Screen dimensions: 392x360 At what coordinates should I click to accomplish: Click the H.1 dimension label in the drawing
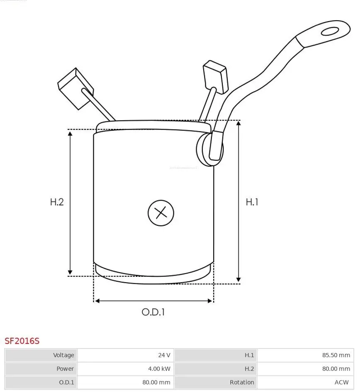(x=252, y=202)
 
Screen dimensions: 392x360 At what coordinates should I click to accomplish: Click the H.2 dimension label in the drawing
(x=57, y=202)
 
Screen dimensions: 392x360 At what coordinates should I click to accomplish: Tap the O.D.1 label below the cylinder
(x=153, y=312)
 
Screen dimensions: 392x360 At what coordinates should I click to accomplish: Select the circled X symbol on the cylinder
(x=161, y=213)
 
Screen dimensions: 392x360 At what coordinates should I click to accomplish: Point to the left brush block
(x=75, y=88)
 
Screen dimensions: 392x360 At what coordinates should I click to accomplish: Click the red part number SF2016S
(x=22, y=341)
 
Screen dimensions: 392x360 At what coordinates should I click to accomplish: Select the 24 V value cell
(x=164, y=355)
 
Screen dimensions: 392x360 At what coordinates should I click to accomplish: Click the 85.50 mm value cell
(x=337, y=355)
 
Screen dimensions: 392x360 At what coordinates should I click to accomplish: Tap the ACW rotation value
(x=343, y=382)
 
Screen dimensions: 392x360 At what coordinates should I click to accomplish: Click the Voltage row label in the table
(x=63, y=355)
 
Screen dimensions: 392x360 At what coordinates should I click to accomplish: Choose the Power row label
(x=65, y=369)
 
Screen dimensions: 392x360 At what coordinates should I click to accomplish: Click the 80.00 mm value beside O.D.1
(x=156, y=382)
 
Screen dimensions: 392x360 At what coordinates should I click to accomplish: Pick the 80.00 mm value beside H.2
(x=337, y=369)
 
